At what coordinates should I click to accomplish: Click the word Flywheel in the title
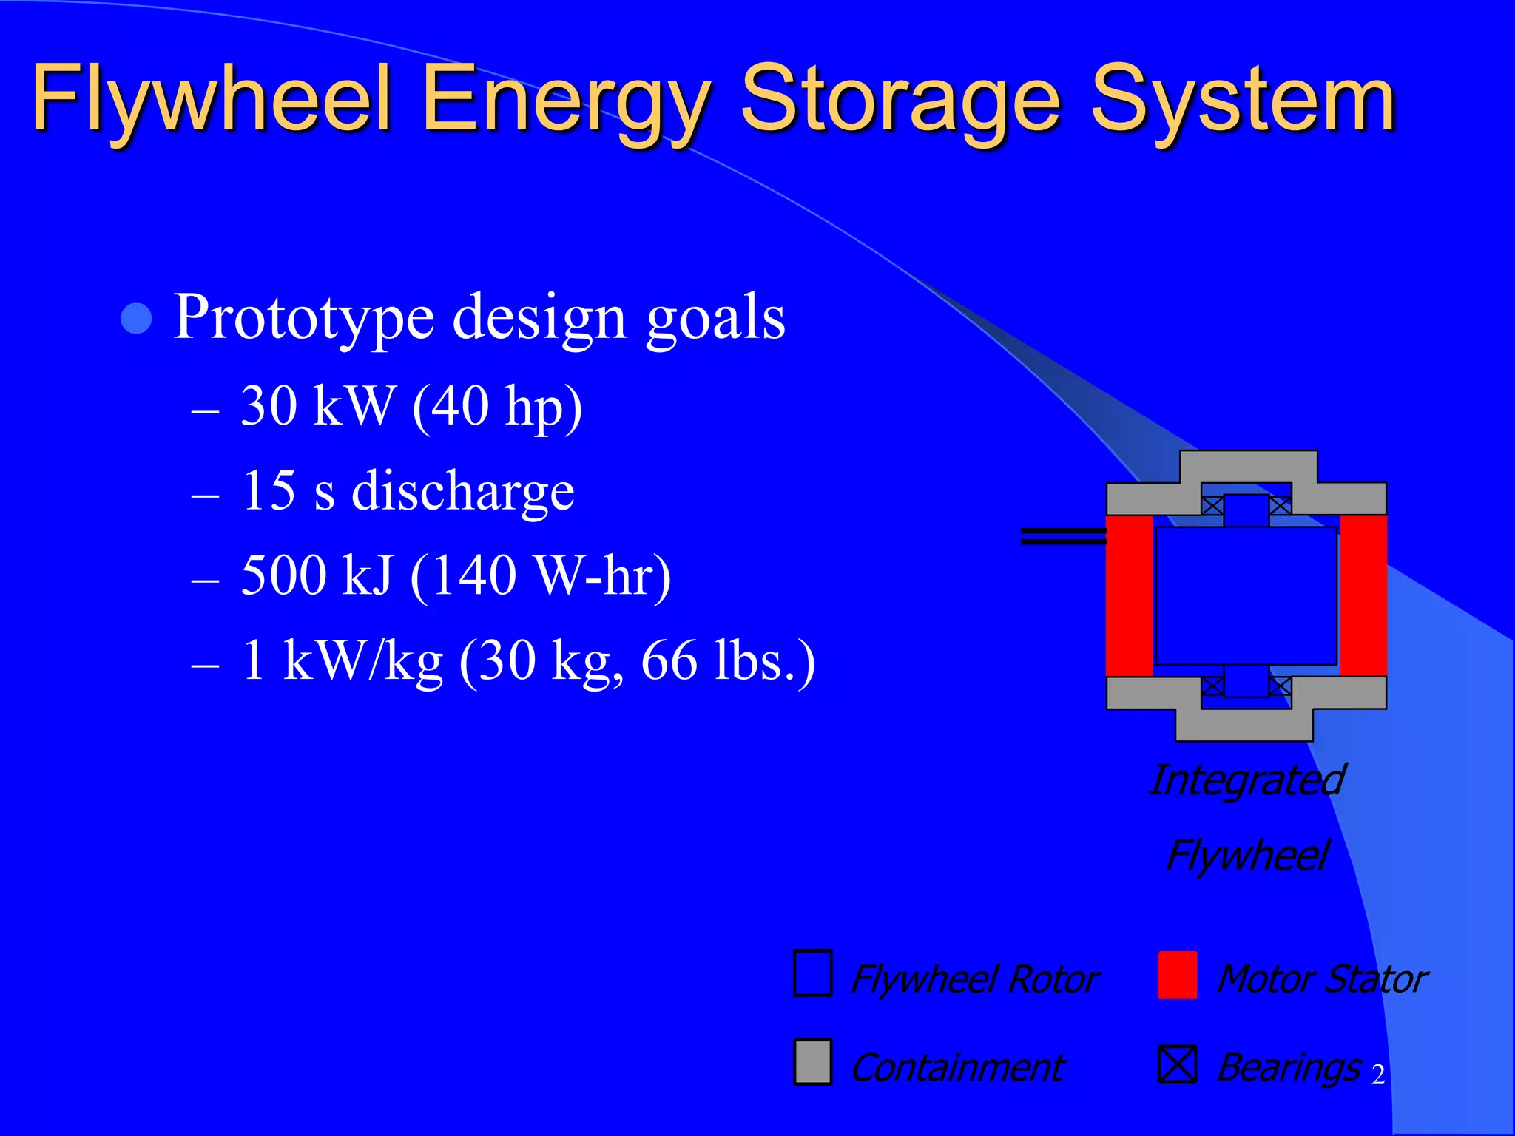211,100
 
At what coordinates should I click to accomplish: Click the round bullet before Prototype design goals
136,319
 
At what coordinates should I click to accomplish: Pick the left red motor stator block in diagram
1129,595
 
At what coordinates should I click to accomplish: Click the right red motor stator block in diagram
1363,595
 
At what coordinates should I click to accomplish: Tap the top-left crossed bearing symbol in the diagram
1212,506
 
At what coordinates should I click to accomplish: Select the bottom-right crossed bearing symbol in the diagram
1281,686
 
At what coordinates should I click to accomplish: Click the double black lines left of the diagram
1062,536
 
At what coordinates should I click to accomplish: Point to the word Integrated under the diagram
1246,780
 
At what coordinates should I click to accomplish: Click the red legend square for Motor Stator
1177,975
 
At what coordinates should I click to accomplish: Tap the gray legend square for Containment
813,1062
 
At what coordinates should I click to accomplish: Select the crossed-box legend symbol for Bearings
1177,1064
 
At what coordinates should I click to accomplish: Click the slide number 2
1377,1075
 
